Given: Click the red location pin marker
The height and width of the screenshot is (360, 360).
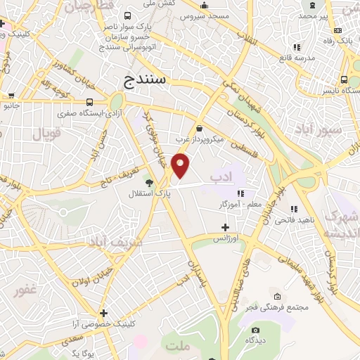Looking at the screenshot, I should [181, 166].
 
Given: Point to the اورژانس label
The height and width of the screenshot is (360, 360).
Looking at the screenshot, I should [227, 238].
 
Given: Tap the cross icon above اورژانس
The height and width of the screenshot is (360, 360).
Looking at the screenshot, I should [224, 227].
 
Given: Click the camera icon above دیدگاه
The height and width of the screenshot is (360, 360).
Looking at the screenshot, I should [255, 330].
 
